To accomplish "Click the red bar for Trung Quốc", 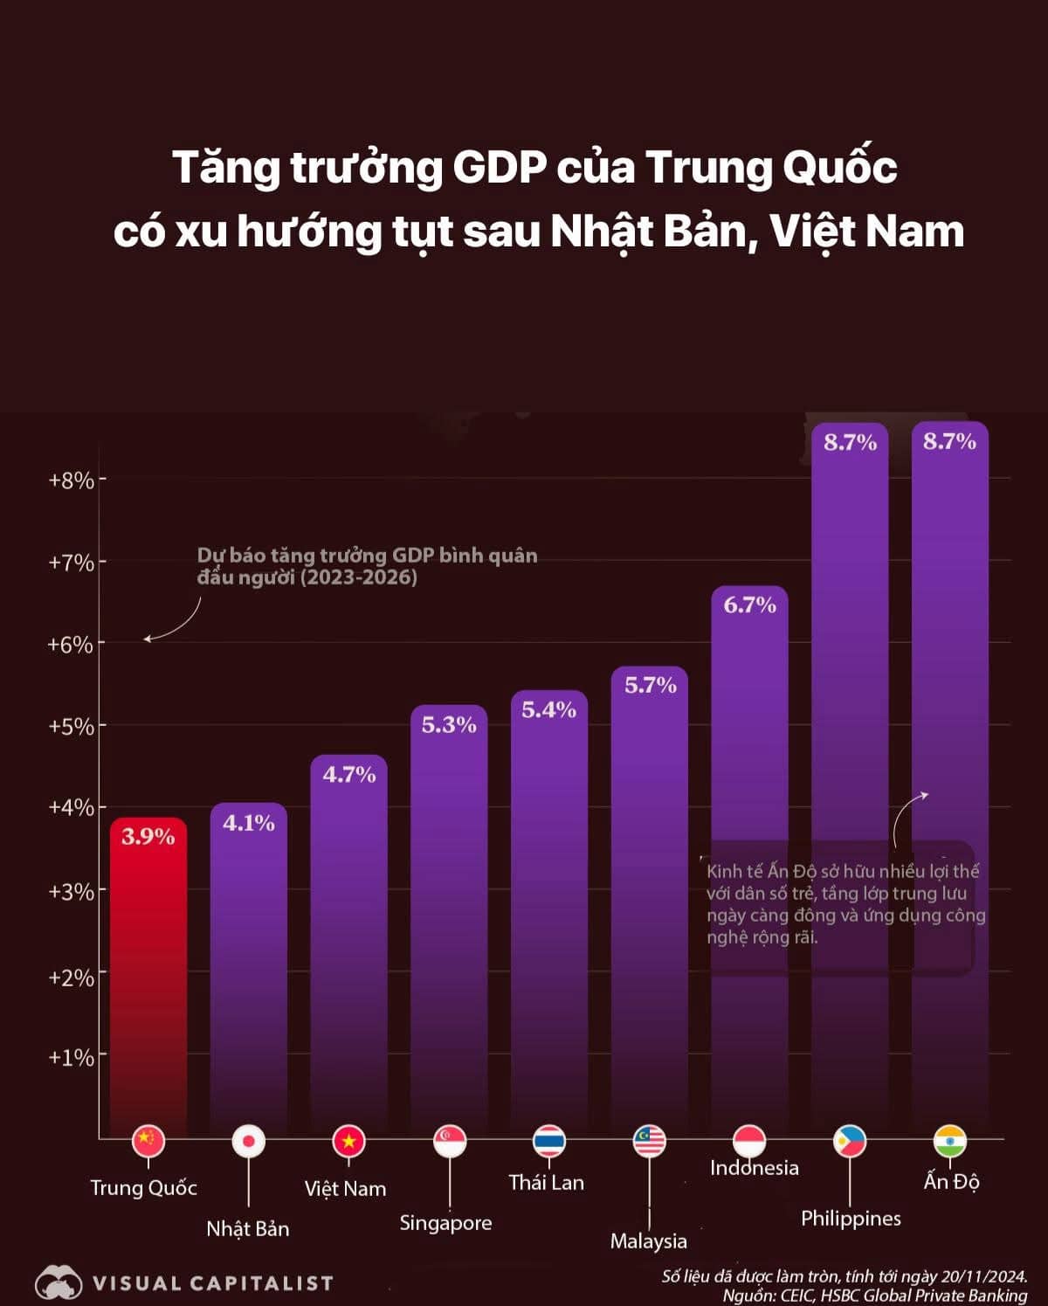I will pyautogui.click(x=148, y=978).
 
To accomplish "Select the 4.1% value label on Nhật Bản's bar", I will pyautogui.click(x=249, y=823).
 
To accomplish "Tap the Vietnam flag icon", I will pyautogui.click(x=348, y=1141).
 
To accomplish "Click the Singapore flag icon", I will pyautogui.click(x=450, y=1140).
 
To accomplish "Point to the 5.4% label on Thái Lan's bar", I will pyautogui.click(x=549, y=710).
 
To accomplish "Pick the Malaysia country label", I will pyautogui.click(x=649, y=1240).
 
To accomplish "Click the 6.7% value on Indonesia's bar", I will pyautogui.click(x=749, y=605).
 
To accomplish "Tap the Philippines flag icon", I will pyautogui.click(x=850, y=1140).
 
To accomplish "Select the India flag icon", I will pyautogui.click(x=950, y=1140).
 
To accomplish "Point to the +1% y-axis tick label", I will pyautogui.click(x=71, y=1057).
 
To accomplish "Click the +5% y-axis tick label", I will pyautogui.click(x=71, y=726).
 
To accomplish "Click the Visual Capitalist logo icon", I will pyautogui.click(x=58, y=1282).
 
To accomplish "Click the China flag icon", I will pyautogui.click(x=148, y=1140).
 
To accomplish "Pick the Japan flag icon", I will pyautogui.click(x=248, y=1141).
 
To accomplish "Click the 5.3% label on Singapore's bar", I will pyautogui.click(x=449, y=725).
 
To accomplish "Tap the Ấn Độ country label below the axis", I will pyautogui.click(x=951, y=1182).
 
